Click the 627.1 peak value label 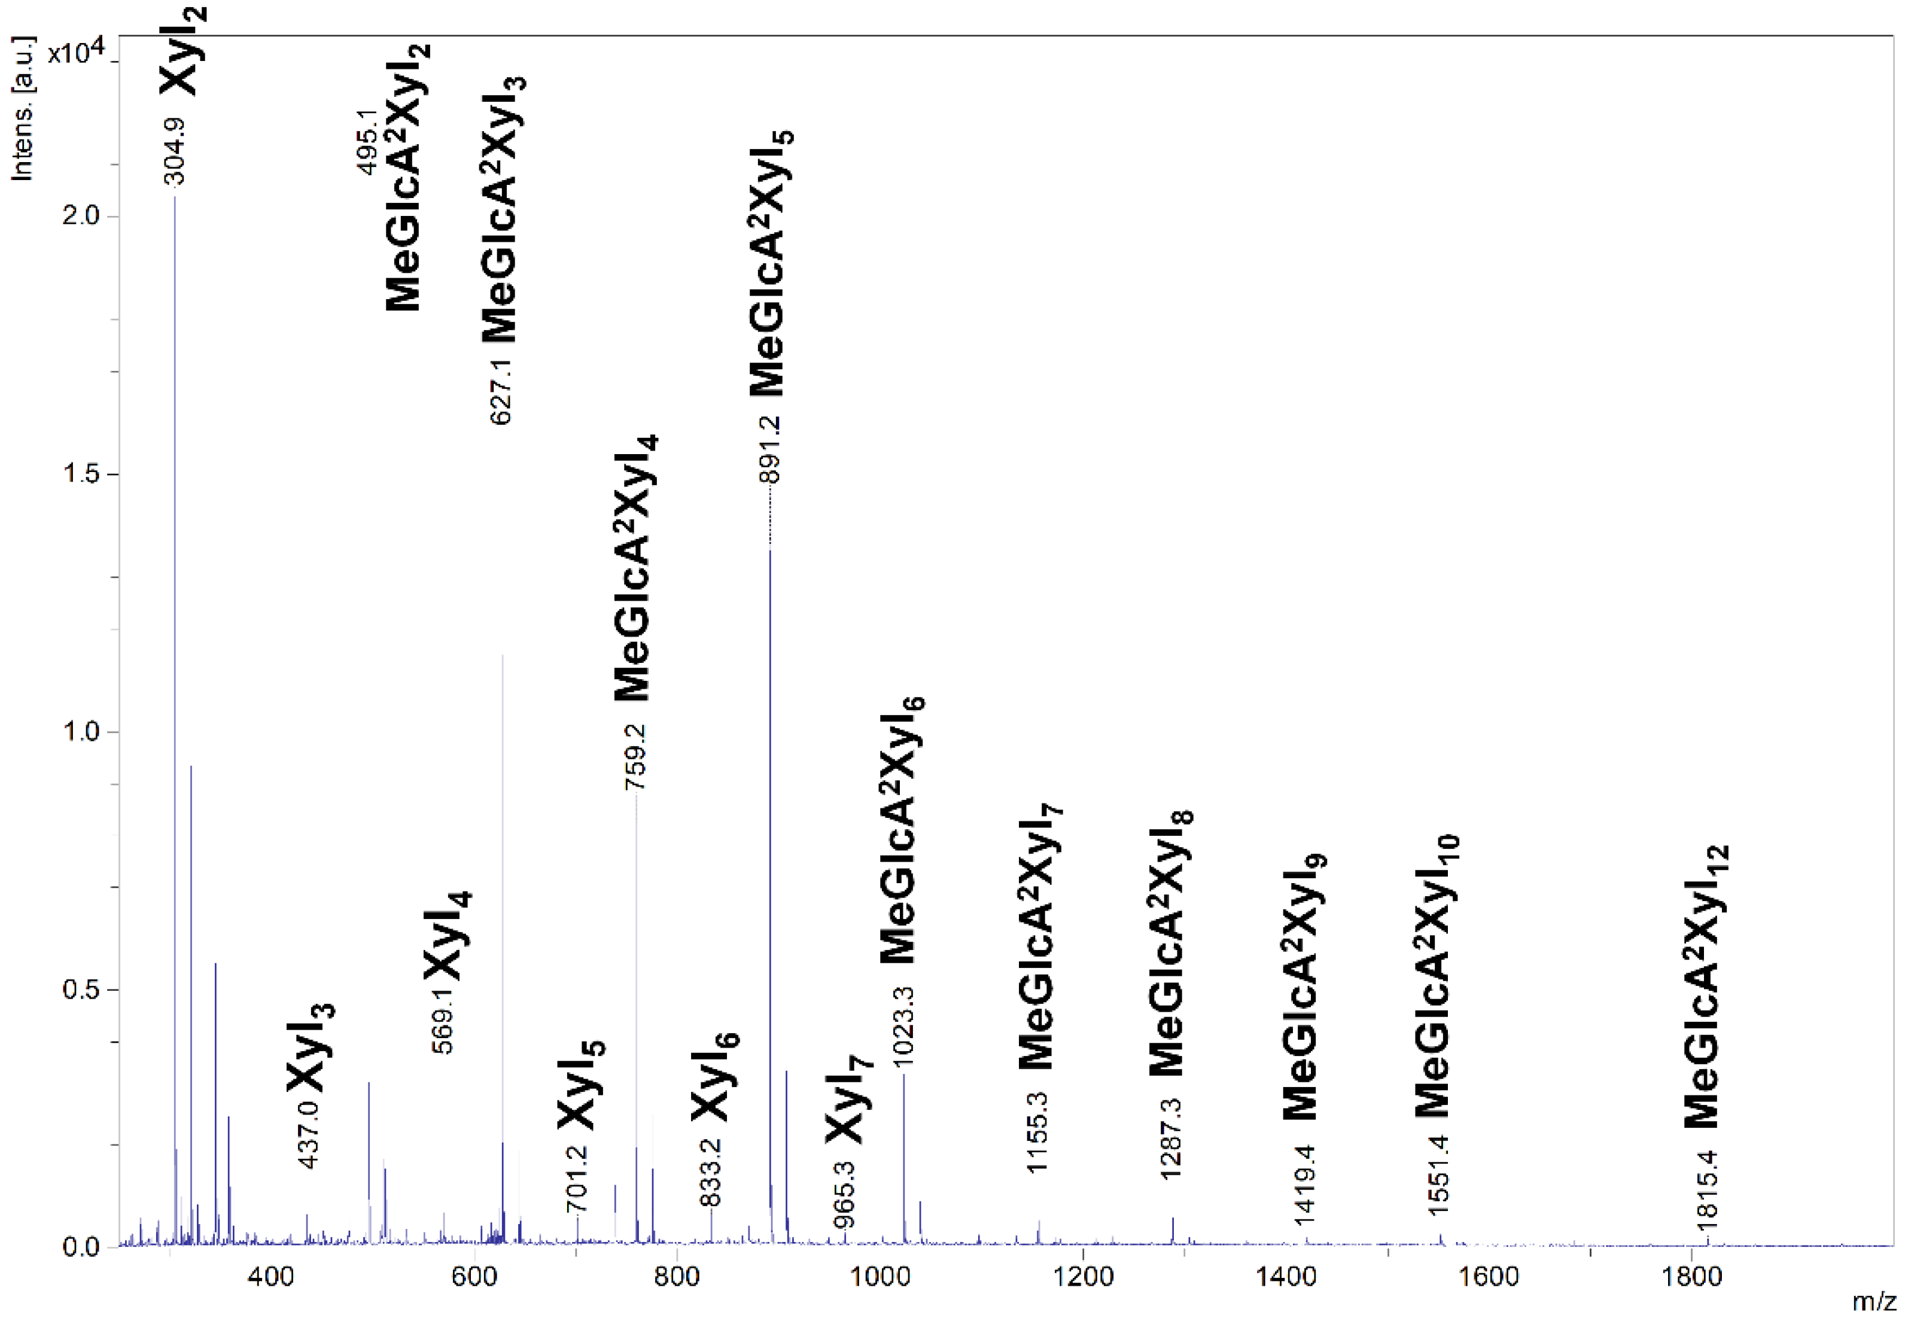(x=501, y=391)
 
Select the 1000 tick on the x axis (x=880, y=1277)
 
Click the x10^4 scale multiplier (x=77, y=51)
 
